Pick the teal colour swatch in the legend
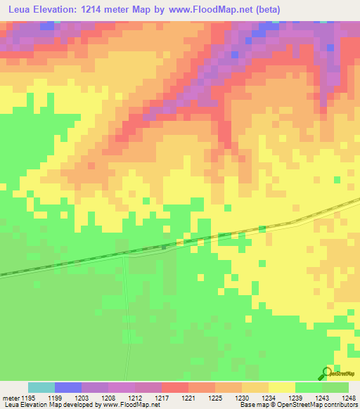coord(41,387)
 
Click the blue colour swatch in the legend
coord(68,387)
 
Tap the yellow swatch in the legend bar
coord(282,387)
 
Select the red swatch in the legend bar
coord(175,387)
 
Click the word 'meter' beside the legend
coord(11,397)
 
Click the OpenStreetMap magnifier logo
coord(326,373)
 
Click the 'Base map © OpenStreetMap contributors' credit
coord(297,405)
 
